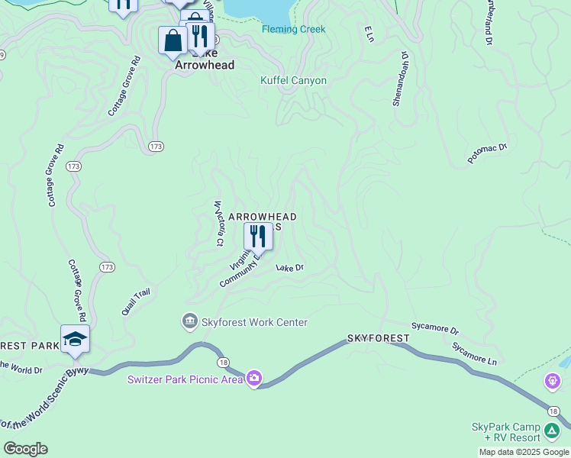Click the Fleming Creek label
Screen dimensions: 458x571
(293, 30)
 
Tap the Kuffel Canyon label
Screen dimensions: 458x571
(293, 81)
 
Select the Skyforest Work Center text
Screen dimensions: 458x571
(254, 323)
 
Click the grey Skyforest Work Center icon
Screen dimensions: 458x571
(189, 322)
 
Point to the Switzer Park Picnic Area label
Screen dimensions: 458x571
(185, 379)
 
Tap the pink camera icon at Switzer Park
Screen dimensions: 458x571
(254, 378)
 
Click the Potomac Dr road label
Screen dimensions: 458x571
(487, 153)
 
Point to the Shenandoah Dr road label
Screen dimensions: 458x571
(402, 80)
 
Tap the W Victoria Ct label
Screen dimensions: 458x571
(218, 224)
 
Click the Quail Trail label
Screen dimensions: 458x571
(136, 302)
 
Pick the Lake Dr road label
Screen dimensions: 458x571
(290, 268)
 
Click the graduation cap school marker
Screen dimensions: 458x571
(75, 339)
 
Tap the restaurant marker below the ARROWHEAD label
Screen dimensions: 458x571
(258, 236)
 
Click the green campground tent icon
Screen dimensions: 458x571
(551, 431)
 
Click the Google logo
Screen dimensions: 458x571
(25, 449)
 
